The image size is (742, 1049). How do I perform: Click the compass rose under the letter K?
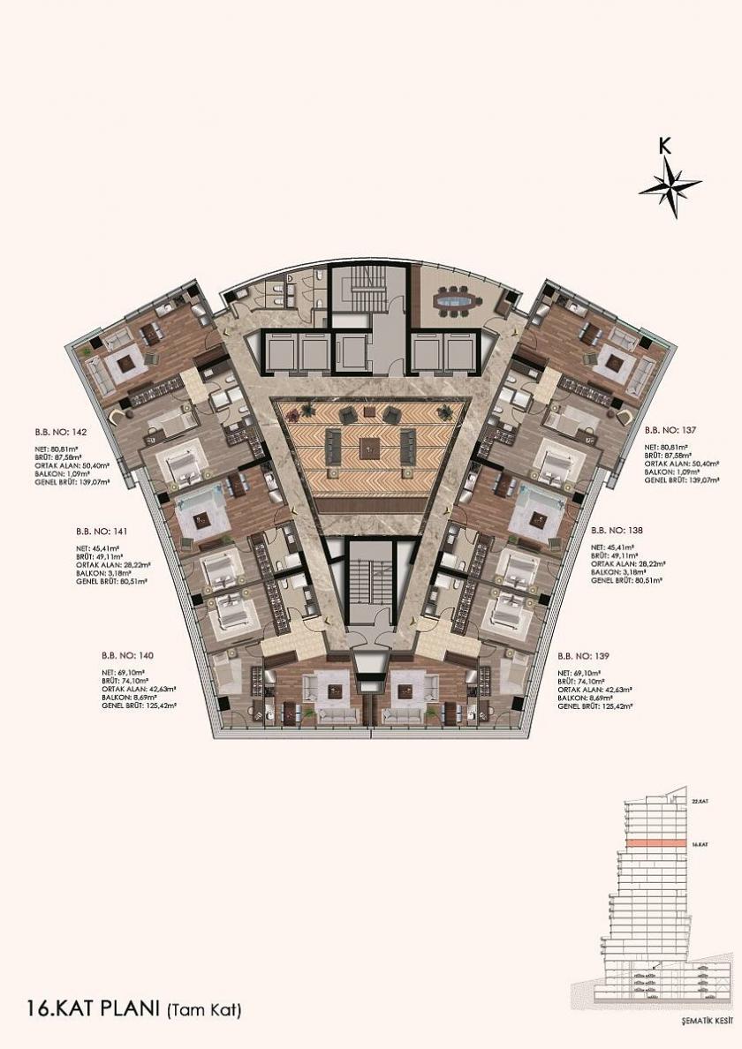pyautogui.click(x=670, y=185)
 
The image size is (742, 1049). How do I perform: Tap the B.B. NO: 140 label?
pyautogui.click(x=129, y=656)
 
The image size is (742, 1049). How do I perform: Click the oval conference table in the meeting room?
pyautogui.click(x=457, y=304)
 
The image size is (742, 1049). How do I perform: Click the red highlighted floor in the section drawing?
pyautogui.click(x=654, y=845)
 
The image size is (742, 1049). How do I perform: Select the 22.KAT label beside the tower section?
pyautogui.click(x=701, y=800)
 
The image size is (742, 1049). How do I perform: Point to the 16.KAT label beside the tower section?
pyautogui.click(x=701, y=845)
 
